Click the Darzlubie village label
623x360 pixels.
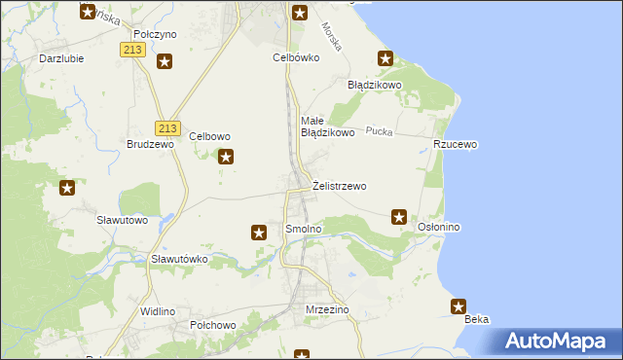[x=60, y=57]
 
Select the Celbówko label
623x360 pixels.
[x=296, y=57]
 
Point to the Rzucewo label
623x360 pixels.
[x=456, y=144]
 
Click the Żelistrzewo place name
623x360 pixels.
[x=340, y=185]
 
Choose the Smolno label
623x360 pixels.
[x=303, y=229]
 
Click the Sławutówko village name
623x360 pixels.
[x=180, y=260]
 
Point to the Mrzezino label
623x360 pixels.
[x=327, y=309]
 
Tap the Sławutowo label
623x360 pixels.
[x=123, y=220]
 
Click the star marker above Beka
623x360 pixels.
[x=458, y=307]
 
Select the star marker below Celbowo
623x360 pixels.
[x=227, y=157]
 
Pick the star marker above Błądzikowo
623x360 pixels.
[x=385, y=60]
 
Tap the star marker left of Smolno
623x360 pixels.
[x=259, y=233]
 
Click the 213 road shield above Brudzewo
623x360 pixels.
[x=167, y=127]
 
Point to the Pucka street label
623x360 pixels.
[x=379, y=130]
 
